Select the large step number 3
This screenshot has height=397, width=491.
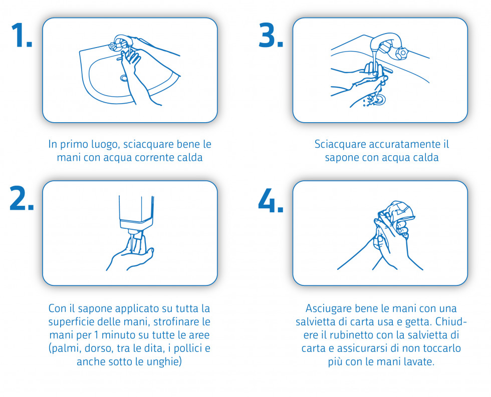271,35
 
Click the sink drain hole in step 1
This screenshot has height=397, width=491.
124,78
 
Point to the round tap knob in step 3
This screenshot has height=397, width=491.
401,52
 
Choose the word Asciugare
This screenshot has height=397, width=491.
331,308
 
